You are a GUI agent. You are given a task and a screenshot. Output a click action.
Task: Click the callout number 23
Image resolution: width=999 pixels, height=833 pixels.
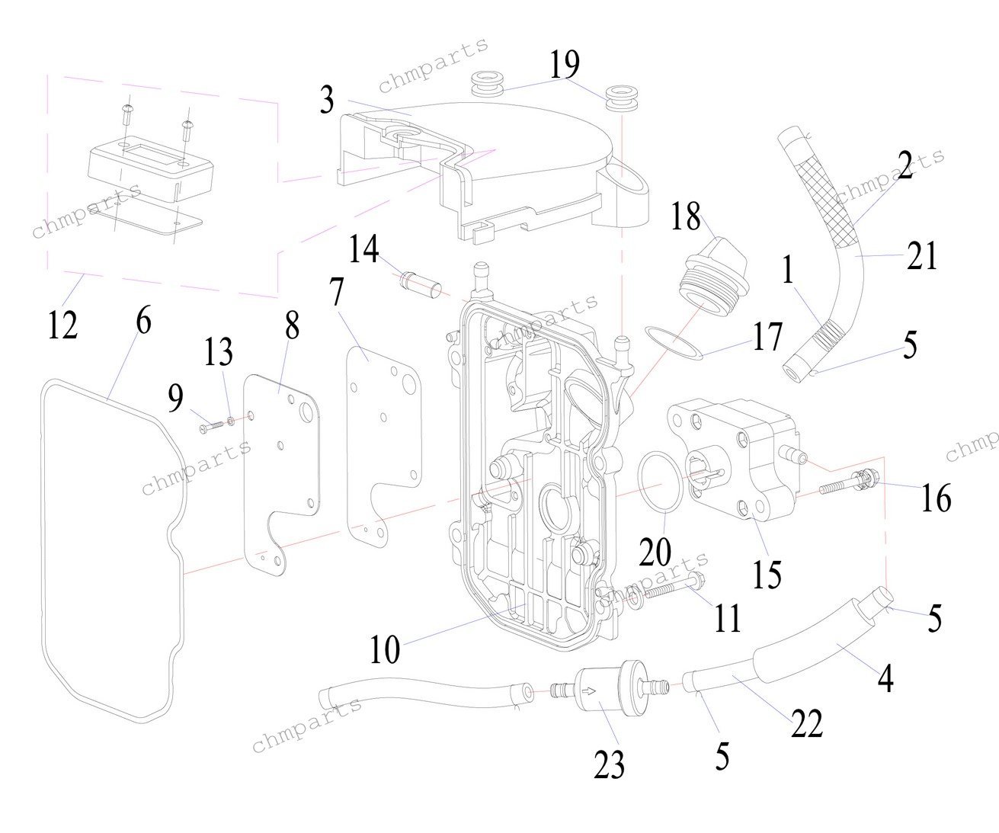coord(609,764)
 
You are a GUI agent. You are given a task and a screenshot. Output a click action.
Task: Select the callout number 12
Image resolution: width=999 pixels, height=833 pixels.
coord(62,325)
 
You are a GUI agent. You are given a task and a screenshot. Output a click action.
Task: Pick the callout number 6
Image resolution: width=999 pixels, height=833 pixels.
coord(143,322)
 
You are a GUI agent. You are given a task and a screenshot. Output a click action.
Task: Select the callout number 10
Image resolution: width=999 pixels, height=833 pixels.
coord(385,649)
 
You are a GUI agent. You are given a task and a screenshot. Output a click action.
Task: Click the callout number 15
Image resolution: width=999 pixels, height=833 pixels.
coord(767,572)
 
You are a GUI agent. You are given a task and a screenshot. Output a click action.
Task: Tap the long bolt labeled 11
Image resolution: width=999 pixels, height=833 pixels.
coord(663,590)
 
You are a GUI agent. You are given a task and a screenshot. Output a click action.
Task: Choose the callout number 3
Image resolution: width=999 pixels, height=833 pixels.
coord(327,100)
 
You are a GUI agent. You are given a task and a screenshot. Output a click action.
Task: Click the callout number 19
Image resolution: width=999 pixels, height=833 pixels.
coord(565,66)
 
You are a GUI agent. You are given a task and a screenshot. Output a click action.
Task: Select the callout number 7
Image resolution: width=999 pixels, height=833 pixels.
coord(337,291)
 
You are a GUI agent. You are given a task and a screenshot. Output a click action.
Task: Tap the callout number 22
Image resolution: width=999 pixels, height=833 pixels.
coord(806,722)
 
